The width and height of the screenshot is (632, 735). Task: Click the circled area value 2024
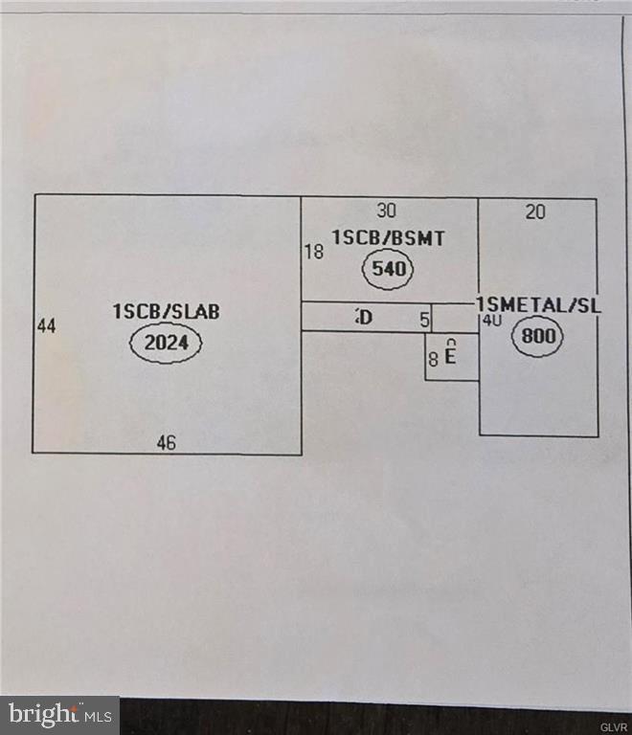pyautogui.click(x=167, y=343)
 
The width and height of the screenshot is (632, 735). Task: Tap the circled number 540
pyautogui.click(x=389, y=270)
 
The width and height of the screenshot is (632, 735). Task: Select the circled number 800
pyautogui.click(x=537, y=336)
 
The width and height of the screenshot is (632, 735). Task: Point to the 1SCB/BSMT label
pyautogui.click(x=388, y=238)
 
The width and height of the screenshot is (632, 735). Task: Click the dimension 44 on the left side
pyautogui.click(x=47, y=326)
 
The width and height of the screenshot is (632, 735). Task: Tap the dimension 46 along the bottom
pyautogui.click(x=167, y=442)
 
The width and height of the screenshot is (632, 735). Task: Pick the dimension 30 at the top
pyautogui.click(x=386, y=211)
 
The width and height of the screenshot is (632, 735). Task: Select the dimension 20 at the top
pyautogui.click(x=535, y=212)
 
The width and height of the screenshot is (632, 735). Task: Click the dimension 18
pyautogui.click(x=313, y=253)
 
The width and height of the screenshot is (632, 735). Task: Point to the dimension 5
pyautogui.click(x=424, y=320)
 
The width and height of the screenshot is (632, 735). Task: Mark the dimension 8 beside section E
pyautogui.click(x=433, y=360)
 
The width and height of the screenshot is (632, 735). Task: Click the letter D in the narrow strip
pyautogui.click(x=364, y=317)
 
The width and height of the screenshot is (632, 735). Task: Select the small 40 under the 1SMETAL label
pyautogui.click(x=492, y=321)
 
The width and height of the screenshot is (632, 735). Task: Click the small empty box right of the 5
pyautogui.click(x=455, y=318)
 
